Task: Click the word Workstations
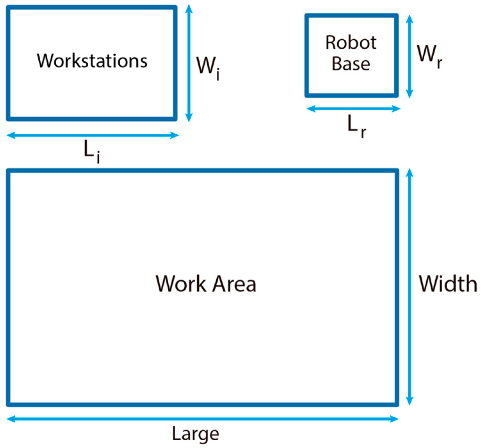point(92,61)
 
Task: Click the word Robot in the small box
point(351,43)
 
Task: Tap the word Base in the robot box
point(351,64)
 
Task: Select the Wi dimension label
point(207,67)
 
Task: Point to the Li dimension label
point(92,151)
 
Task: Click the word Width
point(448,284)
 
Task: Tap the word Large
point(196,435)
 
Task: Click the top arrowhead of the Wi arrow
point(189,8)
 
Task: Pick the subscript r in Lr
point(363,132)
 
